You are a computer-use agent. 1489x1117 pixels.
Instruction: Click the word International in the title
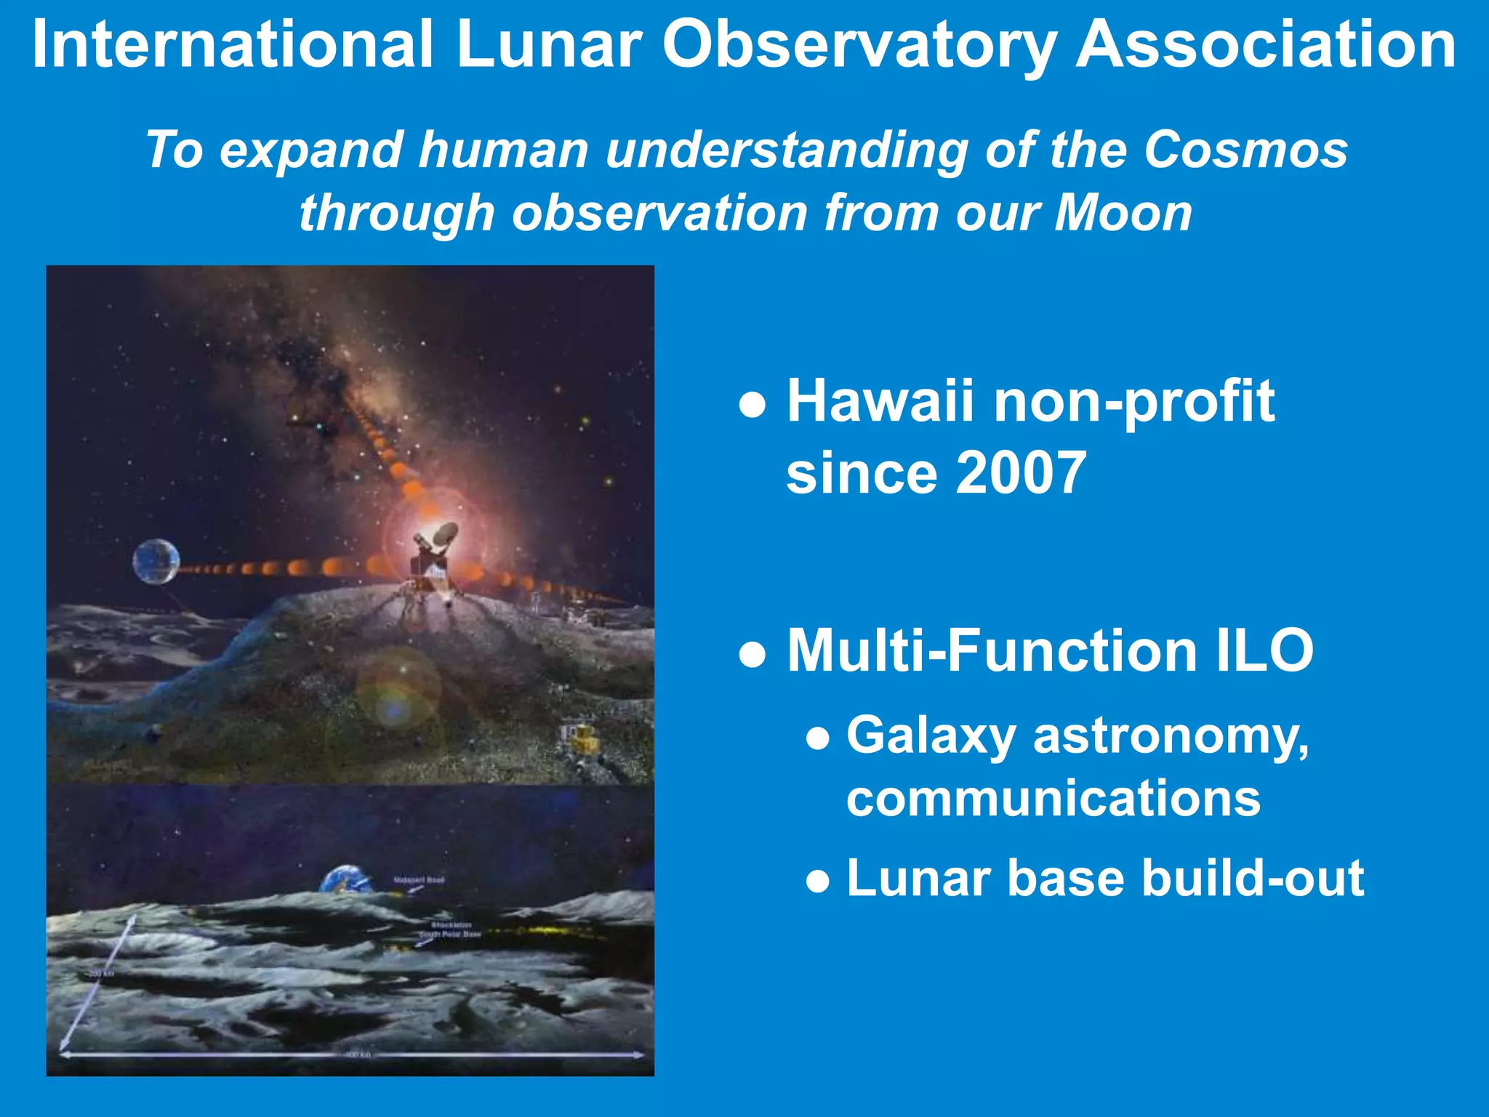tap(233, 45)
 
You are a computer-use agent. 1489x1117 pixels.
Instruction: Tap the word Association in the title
tap(1265, 45)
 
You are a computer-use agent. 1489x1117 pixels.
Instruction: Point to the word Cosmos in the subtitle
tap(1245, 150)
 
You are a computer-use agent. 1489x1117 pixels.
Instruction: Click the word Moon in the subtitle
tap(1123, 213)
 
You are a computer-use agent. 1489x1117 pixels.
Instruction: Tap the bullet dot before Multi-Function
tap(752, 653)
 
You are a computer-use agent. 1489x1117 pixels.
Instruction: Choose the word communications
tap(1053, 798)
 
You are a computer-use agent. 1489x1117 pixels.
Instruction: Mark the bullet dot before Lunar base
tap(818, 882)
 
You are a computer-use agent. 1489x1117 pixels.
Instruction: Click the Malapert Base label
tap(419, 880)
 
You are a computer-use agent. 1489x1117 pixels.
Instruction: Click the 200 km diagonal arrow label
tap(101, 973)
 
